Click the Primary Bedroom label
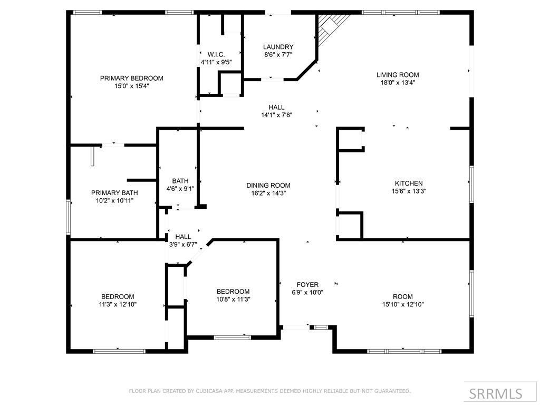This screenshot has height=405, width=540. coord(131,78)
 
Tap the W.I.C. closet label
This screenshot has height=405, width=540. coord(216,54)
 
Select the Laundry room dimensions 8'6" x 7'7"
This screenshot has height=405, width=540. coord(278,54)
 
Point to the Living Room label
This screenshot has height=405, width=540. coord(398,75)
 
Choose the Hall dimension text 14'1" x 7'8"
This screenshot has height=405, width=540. coord(276,114)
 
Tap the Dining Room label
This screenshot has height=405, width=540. coord(268,185)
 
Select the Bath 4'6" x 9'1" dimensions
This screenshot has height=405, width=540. coord(180,189)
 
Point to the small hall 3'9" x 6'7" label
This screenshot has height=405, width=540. coord(183,237)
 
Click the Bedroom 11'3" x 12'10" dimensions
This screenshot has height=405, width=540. coord(118,304)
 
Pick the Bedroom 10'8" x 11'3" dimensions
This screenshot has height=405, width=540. coord(233,299)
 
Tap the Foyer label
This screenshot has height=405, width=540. coord(307,285)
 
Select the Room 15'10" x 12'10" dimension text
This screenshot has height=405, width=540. coord(403,304)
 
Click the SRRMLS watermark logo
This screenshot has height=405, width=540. coord(496,393)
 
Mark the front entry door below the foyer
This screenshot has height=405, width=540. coord(296,327)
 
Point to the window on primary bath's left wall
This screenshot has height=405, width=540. coord(67,216)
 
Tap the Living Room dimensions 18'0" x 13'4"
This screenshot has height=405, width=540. coord(398,82)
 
